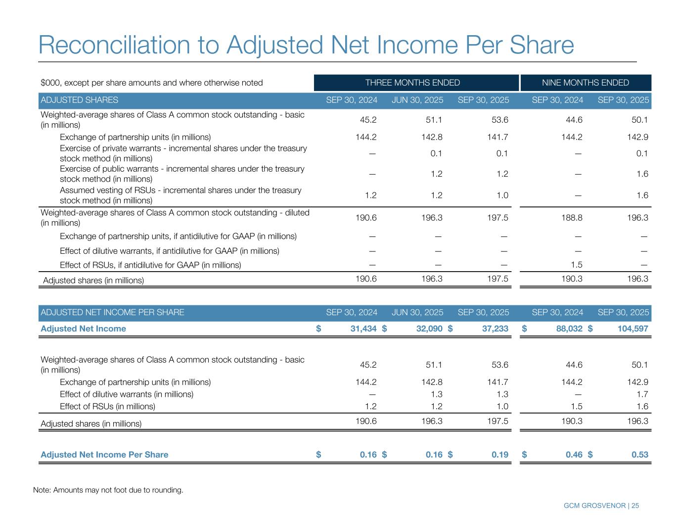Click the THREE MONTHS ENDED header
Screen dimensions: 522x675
coord(412,83)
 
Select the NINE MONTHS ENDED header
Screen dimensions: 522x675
coord(585,83)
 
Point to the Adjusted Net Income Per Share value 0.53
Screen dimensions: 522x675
coord(639,455)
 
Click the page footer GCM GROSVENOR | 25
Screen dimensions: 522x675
coord(601,506)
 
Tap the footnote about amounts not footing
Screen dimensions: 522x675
coord(108,490)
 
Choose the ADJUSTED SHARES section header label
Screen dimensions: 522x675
coord(79,100)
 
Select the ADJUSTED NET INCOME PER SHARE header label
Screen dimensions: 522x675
coord(112,312)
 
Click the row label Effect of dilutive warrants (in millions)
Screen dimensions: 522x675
coord(126,394)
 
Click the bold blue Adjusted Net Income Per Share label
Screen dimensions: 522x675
coord(104,455)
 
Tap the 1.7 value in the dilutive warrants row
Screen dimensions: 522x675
coord(642,394)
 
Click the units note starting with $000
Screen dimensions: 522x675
coord(151,83)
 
